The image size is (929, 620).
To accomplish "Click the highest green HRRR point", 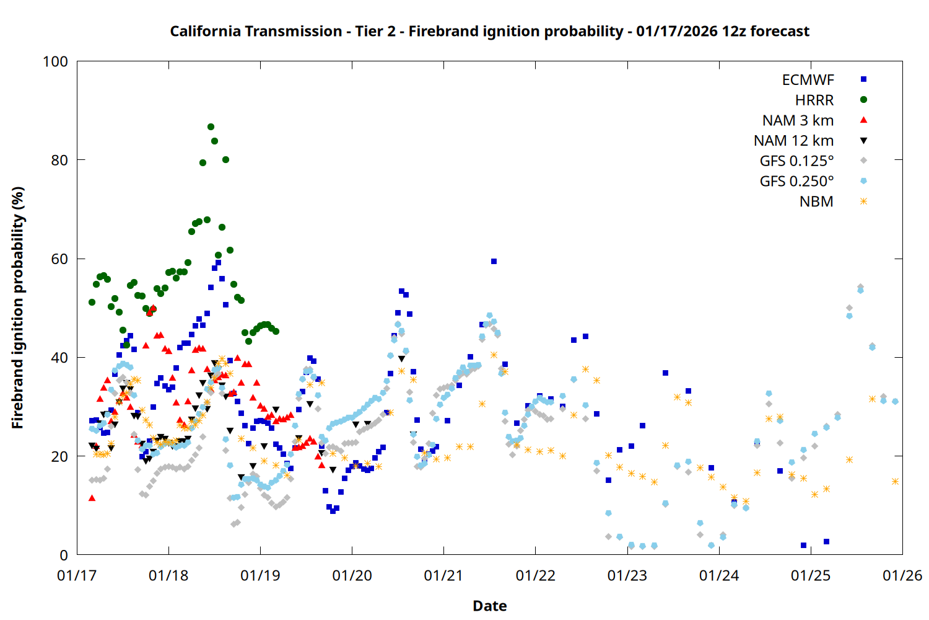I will coord(211,127).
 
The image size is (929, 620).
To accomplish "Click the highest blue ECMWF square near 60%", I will coord(494,262).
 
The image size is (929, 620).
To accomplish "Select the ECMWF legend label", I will coord(808,80).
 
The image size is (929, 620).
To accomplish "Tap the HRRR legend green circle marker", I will coord(863,100).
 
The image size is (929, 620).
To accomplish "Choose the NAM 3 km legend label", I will coord(798,120).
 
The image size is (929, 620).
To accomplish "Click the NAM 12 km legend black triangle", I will coord(863,141).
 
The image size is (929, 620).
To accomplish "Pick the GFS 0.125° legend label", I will coord(796,161).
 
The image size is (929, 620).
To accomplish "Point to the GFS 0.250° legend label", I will coord(796,182).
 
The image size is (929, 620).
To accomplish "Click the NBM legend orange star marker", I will coord(863,201).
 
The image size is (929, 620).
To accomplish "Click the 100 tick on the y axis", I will coord(55,62).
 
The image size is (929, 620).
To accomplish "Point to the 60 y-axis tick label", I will coord(59,259).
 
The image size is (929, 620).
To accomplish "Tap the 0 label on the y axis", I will coord(63,556).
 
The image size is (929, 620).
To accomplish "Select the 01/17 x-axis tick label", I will coord(77,576).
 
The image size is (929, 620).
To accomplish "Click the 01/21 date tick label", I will coord(443,576).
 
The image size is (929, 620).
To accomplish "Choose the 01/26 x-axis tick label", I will coord(902,576).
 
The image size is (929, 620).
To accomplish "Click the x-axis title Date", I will coord(489,606).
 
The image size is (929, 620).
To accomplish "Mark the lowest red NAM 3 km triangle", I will coord(92,498).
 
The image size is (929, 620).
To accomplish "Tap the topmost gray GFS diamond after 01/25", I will coord(860,287).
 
